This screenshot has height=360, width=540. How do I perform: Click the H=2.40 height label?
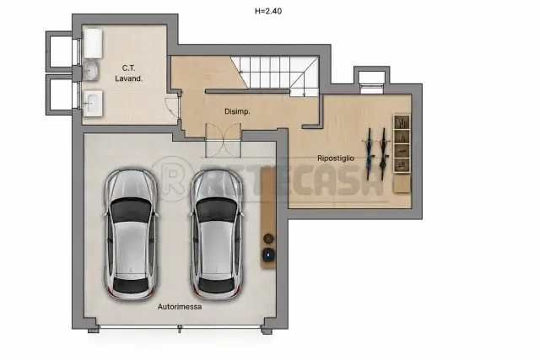click(268, 11)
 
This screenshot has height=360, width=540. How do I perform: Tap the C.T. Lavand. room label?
click(129, 73)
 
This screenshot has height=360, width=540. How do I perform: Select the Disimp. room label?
click(237, 111)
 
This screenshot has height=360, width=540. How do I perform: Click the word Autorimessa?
click(180, 307)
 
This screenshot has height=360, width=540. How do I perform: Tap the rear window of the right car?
click(217, 286)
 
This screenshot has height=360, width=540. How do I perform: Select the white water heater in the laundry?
click(93, 43)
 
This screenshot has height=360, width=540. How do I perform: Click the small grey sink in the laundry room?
click(91, 71)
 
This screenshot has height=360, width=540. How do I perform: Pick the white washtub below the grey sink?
click(93, 103)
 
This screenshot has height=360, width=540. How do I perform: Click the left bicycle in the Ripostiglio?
click(370, 153)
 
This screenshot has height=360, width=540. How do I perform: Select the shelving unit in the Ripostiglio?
click(402, 144)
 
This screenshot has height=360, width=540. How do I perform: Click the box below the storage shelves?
click(402, 184)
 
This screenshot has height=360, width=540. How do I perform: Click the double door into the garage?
click(223, 140)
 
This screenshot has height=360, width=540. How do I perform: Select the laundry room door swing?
click(173, 108)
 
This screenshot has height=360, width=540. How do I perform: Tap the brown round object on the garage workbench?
click(268, 238)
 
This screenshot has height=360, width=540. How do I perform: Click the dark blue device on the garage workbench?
click(268, 255)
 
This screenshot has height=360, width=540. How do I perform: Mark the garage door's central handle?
click(180, 329)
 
